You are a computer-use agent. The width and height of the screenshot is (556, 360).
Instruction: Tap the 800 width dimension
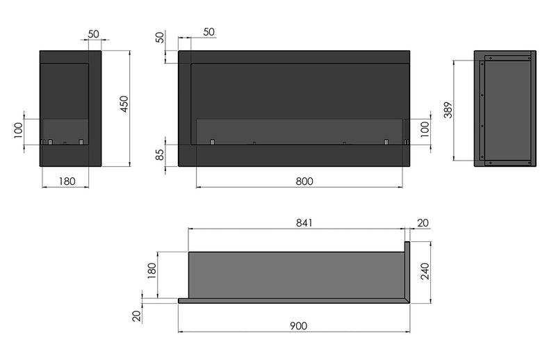tap(303, 181)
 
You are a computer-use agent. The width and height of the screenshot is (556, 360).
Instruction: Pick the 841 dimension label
tap(304, 223)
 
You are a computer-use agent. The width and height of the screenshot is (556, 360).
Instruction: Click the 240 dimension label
tap(425, 271)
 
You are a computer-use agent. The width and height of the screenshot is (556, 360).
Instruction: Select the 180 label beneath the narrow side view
tap(66, 181)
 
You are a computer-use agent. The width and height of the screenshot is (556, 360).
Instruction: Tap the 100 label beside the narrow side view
tap(19, 130)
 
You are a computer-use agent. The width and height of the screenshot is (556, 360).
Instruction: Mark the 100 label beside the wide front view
tap(425, 130)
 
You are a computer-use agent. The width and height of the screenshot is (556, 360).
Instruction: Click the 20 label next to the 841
tap(423, 223)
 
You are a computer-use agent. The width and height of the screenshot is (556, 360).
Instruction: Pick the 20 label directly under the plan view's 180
tap(137, 316)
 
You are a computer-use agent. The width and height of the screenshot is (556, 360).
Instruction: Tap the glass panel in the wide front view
tap(299, 131)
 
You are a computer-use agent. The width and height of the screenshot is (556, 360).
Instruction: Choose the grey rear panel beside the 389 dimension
tap(508, 111)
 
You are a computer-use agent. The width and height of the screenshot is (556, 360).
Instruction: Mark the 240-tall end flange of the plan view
tap(408, 271)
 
